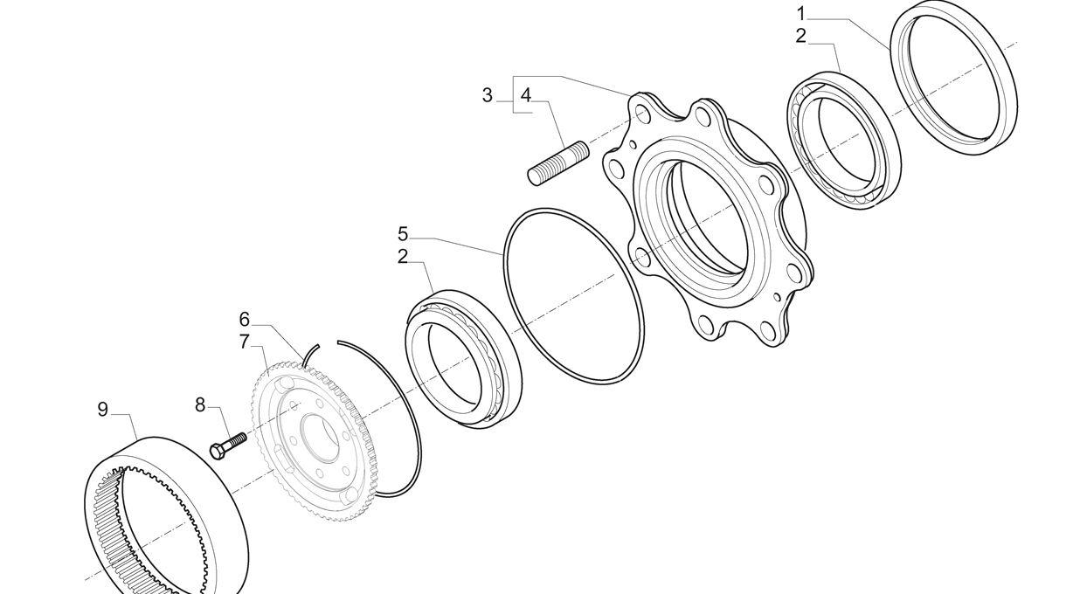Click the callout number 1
pos(801,14)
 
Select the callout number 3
pos(488,95)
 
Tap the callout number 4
pos(526,95)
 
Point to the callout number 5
pos(403,234)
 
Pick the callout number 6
pos(245,319)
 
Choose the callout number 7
pos(245,342)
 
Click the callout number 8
pos(200,405)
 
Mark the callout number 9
pos(103,410)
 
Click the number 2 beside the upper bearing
pos(801,36)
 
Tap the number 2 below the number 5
pos(403,257)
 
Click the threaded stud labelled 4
pos(558,163)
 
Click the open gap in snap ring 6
pos(329,343)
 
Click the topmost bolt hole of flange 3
pos(641,114)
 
